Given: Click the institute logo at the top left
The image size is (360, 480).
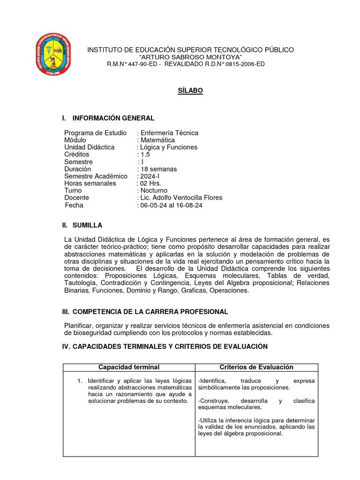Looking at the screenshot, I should click(54, 55).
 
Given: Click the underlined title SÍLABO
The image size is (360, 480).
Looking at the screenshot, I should click(190, 90).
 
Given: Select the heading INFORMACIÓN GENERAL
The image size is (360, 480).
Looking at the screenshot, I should click(113, 118).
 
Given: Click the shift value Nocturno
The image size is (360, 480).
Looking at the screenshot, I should click(154, 190).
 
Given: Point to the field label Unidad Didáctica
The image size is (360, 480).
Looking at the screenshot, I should click(89, 147).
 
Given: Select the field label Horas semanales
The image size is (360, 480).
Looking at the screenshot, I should click(90, 183).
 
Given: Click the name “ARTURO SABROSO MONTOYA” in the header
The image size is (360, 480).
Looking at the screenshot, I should click(190, 57).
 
